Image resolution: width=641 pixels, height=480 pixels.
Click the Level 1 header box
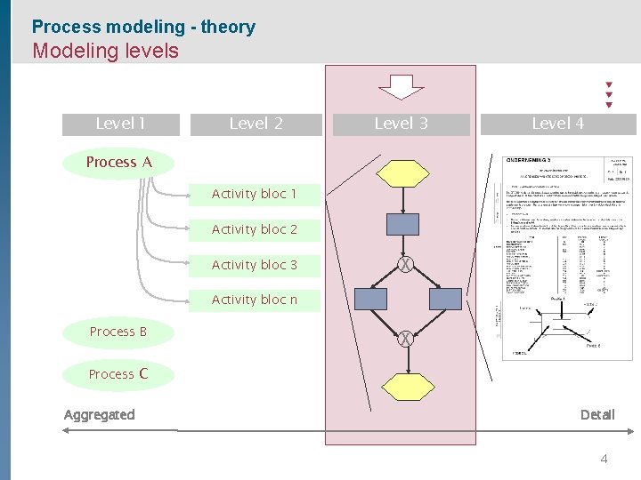[120, 124]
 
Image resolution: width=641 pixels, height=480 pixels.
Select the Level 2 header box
[256, 124]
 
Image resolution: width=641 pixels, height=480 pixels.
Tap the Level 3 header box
[401, 124]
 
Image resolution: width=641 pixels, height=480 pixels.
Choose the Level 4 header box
[558, 124]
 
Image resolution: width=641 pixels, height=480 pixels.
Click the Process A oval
[119, 163]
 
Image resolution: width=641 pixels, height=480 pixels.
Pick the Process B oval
[118, 332]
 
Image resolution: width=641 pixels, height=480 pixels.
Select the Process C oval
[118, 374]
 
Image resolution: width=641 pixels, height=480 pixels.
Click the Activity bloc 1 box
[255, 194]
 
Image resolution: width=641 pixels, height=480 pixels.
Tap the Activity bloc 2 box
[255, 229]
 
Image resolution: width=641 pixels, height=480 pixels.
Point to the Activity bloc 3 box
[255, 265]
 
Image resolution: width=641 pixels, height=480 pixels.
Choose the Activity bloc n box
[255, 300]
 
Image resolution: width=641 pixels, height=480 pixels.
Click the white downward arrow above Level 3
[402, 87]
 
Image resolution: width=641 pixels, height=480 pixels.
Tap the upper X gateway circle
[405, 264]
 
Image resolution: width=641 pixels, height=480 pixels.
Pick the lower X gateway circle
[405, 339]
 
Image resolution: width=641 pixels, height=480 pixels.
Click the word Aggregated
[100, 414]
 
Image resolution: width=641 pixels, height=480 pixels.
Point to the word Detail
[597, 414]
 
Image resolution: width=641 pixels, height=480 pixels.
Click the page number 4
[604, 460]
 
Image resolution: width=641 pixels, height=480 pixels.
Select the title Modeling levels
[105, 51]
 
